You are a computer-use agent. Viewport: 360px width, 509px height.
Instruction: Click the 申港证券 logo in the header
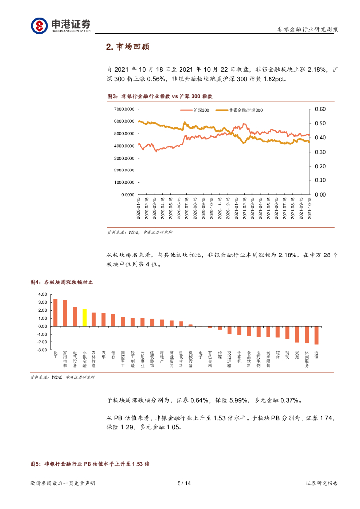(61, 25)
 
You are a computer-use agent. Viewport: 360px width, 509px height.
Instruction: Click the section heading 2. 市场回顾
(128, 47)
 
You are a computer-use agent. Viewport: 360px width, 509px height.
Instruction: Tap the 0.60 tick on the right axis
(320, 109)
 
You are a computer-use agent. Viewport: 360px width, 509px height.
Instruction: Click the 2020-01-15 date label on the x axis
(139, 209)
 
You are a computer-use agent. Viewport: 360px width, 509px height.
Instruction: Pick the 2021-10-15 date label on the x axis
(309, 209)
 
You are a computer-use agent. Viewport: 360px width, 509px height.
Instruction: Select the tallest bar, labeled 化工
(55, 313)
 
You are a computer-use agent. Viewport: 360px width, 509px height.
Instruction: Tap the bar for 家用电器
(65, 313)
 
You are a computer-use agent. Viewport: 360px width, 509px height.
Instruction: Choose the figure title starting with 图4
(62, 282)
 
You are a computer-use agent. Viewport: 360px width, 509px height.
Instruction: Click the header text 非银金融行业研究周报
(307, 30)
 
